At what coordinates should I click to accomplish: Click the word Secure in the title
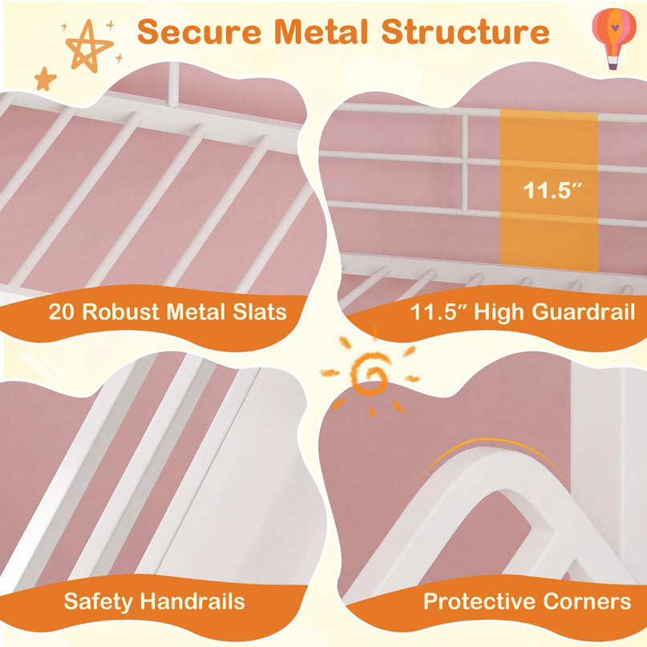click(x=199, y=32)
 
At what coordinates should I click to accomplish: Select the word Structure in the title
click(x=466, y=32)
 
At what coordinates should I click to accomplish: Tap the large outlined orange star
click(x=89, y=47)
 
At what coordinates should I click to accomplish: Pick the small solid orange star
click(x=46, y=79)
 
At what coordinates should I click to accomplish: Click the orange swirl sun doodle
click(x=370, y=374)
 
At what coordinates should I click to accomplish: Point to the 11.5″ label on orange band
click(x=552, y=191)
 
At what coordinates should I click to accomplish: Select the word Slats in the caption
click(x=260, y=312)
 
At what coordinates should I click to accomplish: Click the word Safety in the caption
click(x=98, y=601)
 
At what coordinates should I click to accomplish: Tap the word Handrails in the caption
click(x=192, y=601)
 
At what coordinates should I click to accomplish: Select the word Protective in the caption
click(x=479, y=601)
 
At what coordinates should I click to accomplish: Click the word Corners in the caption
click(x=587, y=601)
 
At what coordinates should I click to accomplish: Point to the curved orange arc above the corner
click(x=491, y=441)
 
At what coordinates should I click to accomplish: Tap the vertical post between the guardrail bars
click(x=465, y=161)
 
